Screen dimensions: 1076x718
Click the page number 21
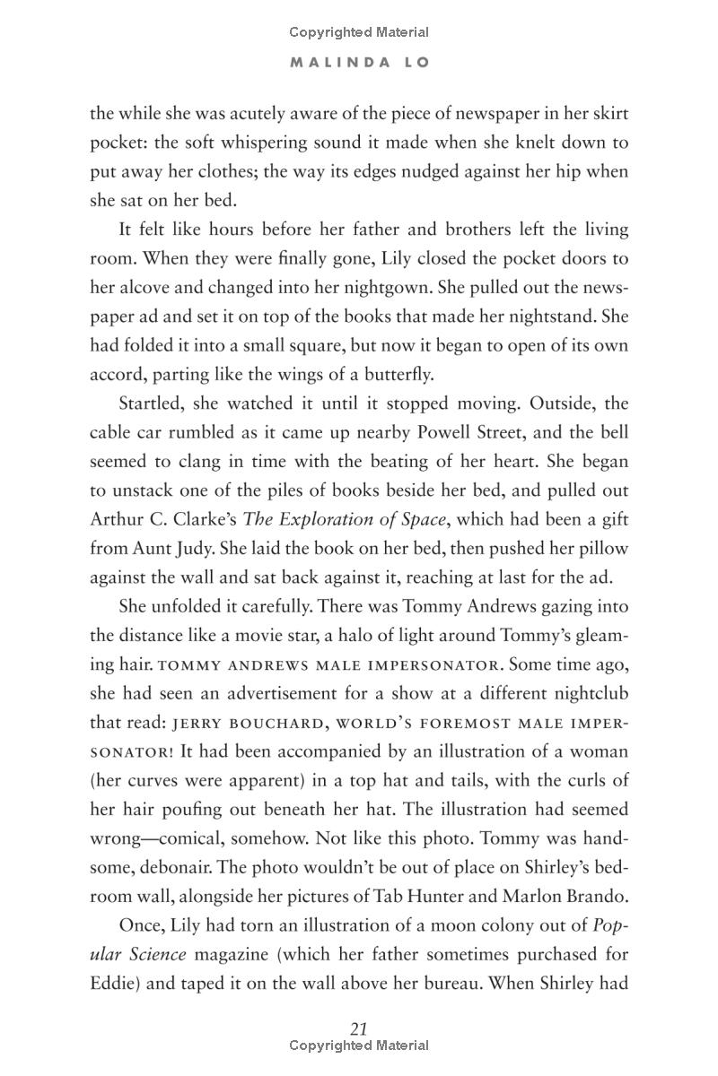click(359, 1028)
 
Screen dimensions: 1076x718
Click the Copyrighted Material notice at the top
click(359, 32)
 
